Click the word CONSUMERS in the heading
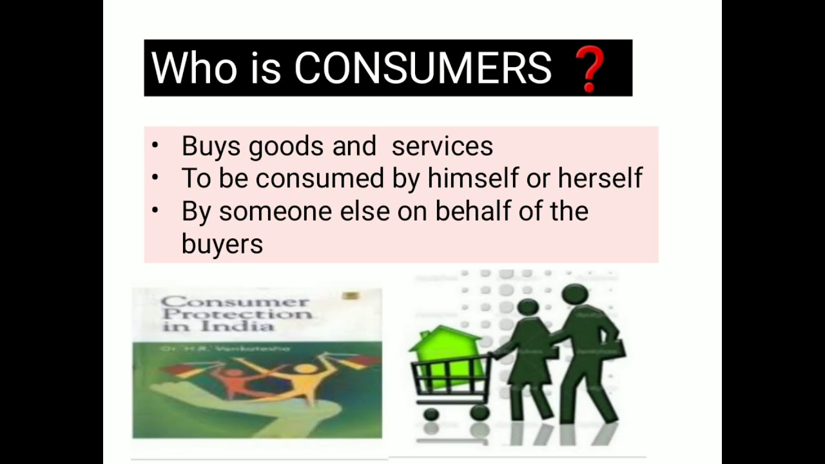pos(423,68)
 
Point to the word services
pos(442,147)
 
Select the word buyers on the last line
pos(222,244)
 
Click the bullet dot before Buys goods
pos(155,145)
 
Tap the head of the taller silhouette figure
pos(574,295)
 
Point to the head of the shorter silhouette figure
pos(528,307)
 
